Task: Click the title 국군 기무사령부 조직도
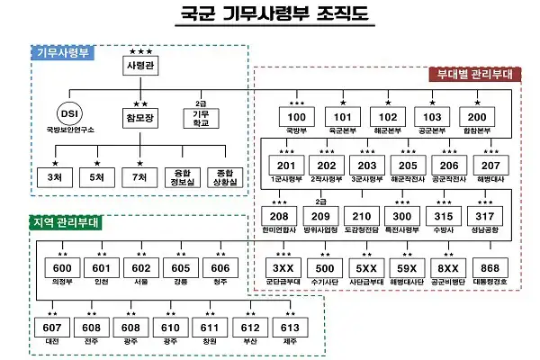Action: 270,15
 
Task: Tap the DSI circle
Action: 69,116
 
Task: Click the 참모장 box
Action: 140,117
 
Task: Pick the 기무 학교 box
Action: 201,118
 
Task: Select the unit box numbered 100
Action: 296,117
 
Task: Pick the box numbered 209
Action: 319,217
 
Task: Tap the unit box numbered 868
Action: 490,268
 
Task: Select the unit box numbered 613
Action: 289,327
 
